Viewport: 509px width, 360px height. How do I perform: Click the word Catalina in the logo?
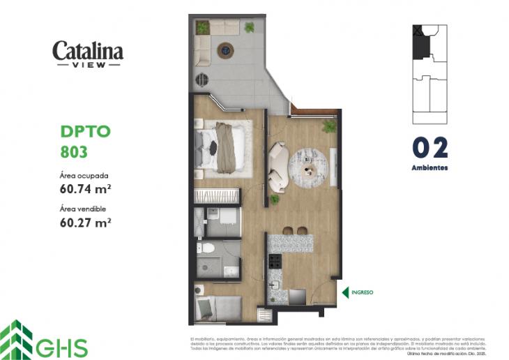click(x=88, y=51)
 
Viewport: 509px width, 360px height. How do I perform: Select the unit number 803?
click(x=74, y=150)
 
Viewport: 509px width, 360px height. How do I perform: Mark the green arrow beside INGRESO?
click(x=344, y=292)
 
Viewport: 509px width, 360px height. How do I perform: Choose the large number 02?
click(x=430, y=148)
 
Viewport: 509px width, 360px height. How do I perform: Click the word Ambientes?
click(x=430, y=168)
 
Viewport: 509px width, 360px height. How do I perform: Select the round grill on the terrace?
click(x=202, y=79)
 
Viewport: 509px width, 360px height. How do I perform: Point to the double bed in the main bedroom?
click(x=223, y=147)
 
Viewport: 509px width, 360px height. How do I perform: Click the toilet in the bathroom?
click(x=207, y=248)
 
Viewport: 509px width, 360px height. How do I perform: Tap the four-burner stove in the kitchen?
click(x=275, y=262)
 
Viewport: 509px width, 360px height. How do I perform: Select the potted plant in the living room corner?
click(x=328, y=126)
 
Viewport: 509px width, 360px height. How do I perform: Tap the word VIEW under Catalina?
click(x=88, y=65)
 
